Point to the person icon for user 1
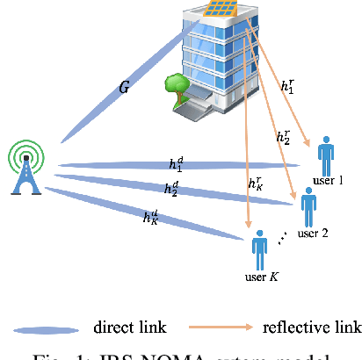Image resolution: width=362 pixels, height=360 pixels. [x=328, y=156]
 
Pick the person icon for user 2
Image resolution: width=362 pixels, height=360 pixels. [x=308, y=207]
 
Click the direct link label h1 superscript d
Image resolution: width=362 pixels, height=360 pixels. [x=177, y=164]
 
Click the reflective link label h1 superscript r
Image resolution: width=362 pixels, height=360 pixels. [x=288, y=86]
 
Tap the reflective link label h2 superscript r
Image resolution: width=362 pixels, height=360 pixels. [x=283, y=137]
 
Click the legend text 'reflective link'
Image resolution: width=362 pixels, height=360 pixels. [x=312, y=328]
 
